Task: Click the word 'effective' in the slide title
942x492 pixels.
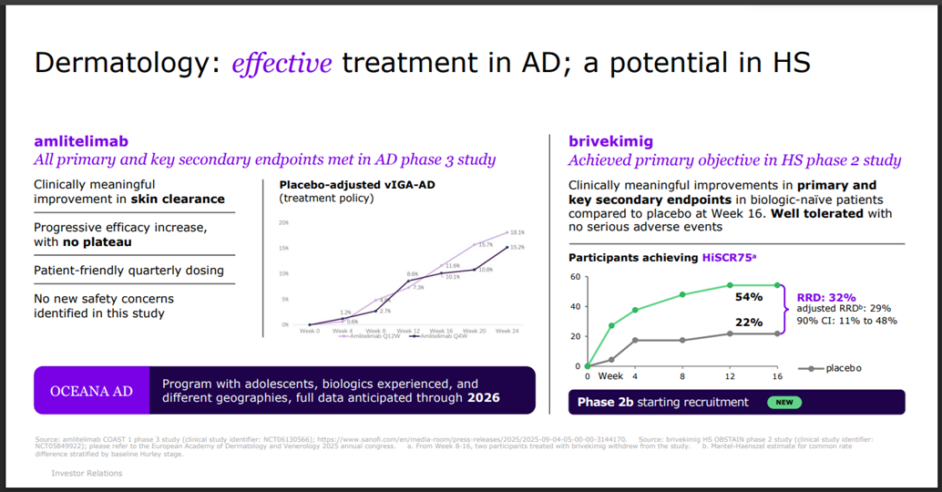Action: pos(282,64)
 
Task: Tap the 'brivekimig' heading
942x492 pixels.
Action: pos(609,141)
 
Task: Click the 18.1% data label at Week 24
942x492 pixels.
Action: pos(516,232)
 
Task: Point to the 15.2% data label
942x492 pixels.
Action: pos(516,248)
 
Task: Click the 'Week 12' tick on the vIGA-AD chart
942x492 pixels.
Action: pos(411,330)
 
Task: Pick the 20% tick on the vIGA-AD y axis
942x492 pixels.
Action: pos(283,222)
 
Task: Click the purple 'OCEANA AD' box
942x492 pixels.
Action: pos(90,391)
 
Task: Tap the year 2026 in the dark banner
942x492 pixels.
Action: pos(483,398)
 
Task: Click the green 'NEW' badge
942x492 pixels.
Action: pos(783,402)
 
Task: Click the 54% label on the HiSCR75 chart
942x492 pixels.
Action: pos(749,297)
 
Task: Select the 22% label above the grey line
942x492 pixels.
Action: pos(749,323)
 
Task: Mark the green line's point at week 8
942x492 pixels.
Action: pos(681,294)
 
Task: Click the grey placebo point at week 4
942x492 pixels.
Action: pos(636,341)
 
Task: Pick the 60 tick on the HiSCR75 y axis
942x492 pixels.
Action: pos(575,277)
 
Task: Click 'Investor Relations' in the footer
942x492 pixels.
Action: pos(87,474)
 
